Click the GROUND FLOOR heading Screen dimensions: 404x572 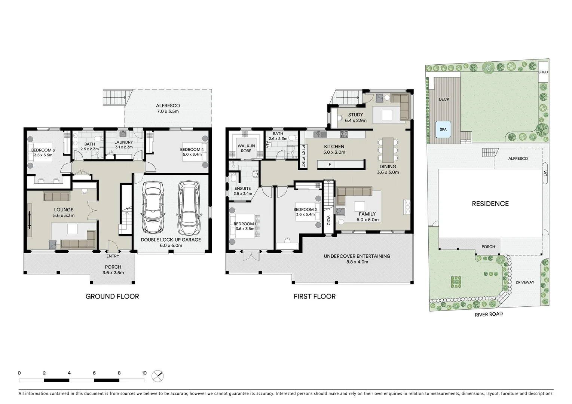click(112, 296)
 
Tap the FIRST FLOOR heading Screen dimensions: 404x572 click(314, 296)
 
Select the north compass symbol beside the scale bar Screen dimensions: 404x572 click(158, 376)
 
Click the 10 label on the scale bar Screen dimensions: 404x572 click(144, 373)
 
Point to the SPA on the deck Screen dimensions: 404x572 click(443, 129)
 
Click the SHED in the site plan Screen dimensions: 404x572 click(543, 72)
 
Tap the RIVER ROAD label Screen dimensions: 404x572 click(489, 314)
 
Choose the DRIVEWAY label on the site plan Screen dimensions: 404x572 click(525, 282)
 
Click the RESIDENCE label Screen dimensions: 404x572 click(490, 203)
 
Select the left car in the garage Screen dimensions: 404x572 click(152, 207)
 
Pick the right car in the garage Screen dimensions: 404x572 click(189, 208)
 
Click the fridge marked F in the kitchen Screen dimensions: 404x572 click(330, 164)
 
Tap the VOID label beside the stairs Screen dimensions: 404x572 click(328, 220)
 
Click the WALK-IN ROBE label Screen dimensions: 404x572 click(246, 149)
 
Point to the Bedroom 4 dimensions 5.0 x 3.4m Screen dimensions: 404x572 click(192, 154)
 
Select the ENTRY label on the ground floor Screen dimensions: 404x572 click(113, 256)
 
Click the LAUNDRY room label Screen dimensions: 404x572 click(123, 142)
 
